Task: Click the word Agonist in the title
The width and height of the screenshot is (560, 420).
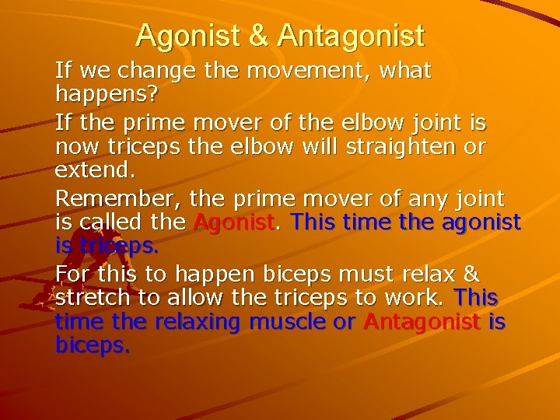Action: pyautogui.click(x=185, y=35)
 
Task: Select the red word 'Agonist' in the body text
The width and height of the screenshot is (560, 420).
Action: pyautogui.click(x=234, y=223)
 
